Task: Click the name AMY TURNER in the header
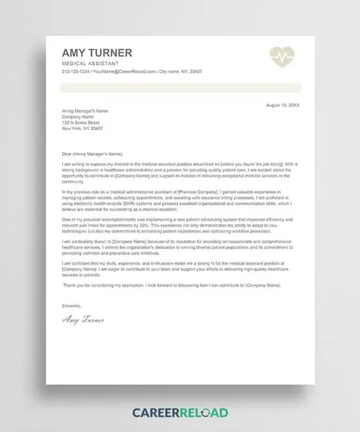pyautogui.click(x=97, y=54)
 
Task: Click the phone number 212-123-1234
pyautogui.click(x=75, y=72)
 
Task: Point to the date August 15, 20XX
pyautogui.click(x=282, y=104)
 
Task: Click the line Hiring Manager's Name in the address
pyautogui.click(x=85, y=111)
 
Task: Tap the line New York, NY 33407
pyautogui.click(x=83, y=128)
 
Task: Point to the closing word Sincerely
pyautogui.click(x=72, y=306)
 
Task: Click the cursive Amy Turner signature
pyautogui.click(x=83, y=320)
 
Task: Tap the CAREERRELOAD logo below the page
pyautogui.click(x=179, y=412)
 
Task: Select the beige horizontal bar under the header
pyautogui.click(x=181, y=88)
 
